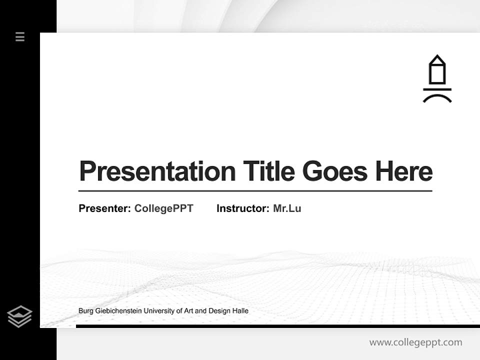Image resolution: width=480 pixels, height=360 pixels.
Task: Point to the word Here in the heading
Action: (403, 171)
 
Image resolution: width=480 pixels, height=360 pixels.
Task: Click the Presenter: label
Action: (104, 208)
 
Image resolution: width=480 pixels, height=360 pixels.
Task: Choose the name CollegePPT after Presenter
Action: (163, 208)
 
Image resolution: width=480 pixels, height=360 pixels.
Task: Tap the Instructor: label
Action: (242, 208)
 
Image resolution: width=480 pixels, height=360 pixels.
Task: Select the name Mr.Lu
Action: (287, 208)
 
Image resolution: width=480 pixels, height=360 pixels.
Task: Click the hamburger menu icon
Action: (20, 36)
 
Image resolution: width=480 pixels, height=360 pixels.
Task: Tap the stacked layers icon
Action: (19, 316)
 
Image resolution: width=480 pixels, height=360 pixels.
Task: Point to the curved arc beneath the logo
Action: (437, 97)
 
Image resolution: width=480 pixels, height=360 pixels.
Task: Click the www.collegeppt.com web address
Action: (415, 342)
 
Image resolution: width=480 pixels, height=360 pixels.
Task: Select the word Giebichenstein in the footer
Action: (117, 311)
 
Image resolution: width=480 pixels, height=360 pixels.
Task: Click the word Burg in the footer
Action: (85, 311)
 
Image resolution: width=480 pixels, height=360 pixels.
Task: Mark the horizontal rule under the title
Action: (255, 190)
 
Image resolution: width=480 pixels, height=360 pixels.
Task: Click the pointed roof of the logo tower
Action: (437, 59)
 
